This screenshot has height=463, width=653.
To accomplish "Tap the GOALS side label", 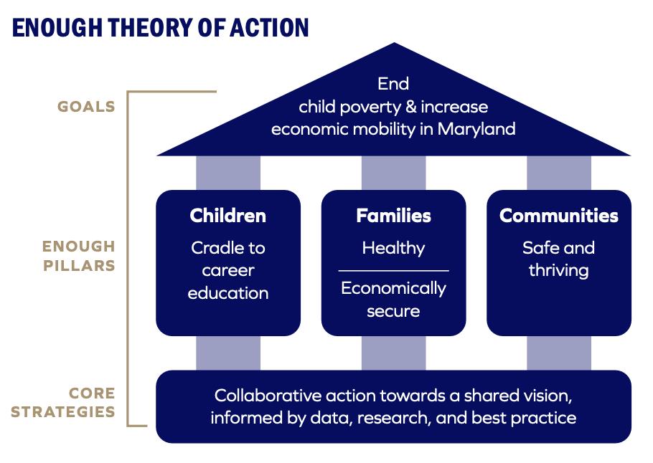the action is tap(86, 107).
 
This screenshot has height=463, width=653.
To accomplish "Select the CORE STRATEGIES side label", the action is tap(63, 402).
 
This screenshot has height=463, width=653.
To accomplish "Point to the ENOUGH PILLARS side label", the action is tap(79, 255).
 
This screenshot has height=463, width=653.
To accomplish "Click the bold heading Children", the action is tap(227, 216).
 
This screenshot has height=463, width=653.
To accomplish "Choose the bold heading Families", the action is tap(393, 216).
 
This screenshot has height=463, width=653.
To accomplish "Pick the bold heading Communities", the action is tap(559, 216).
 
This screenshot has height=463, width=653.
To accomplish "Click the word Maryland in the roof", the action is tap(476, 130).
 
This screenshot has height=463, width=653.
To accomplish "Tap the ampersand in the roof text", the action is tap(410, 107).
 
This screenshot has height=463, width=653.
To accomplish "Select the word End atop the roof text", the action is tap(393, 84).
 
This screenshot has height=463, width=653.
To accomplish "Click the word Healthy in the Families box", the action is tap(393, 249).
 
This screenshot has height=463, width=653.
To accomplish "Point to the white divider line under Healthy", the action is tap(393, 271).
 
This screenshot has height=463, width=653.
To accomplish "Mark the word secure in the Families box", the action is tap(393, 312).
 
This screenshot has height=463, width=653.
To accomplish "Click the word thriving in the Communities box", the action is tap(559, 271).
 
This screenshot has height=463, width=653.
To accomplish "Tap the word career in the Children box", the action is tap(228, 271).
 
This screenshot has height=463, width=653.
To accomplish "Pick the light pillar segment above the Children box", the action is tap(228, 173).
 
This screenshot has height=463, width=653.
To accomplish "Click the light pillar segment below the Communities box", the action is tap(559, 353).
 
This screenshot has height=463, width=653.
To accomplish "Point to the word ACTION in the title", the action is tap(269, 27).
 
